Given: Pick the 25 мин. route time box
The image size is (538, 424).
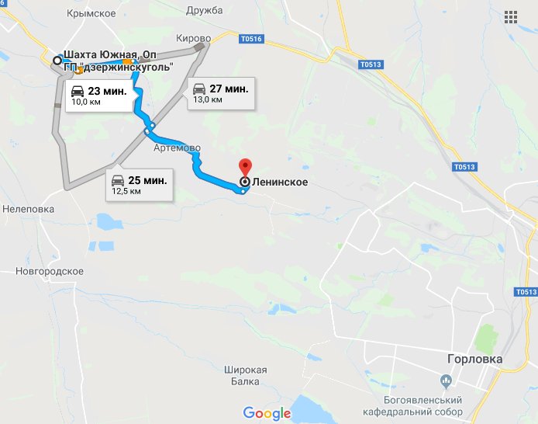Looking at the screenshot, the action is point(139,185).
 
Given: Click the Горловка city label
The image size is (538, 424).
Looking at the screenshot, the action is point(475,360).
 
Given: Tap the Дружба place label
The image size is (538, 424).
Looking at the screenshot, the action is point(205,10).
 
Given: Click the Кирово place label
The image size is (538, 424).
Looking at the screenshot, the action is point(194,38).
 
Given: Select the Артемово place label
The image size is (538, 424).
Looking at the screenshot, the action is point(178,148).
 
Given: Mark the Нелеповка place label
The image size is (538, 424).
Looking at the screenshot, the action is point(27,209).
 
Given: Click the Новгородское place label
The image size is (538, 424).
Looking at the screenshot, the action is point(50,271).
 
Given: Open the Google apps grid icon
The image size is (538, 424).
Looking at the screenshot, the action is point(511,17).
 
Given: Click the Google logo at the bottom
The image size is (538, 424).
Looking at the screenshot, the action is point(267,413).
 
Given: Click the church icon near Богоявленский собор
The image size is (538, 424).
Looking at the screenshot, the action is point(446,381).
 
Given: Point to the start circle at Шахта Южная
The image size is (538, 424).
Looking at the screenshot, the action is point(57,60).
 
